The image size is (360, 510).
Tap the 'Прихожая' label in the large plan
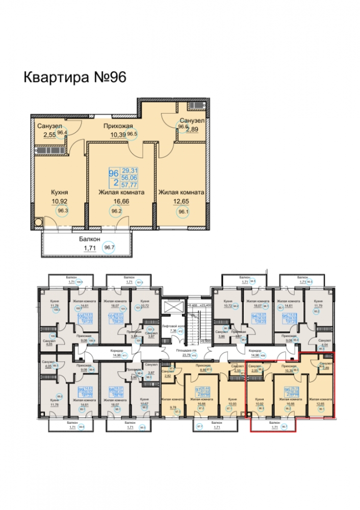click(118, 126)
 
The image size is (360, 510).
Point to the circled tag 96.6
click(183, 127)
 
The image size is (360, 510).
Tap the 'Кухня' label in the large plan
click(60, 192)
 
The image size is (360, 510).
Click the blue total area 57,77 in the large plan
click(135, 186)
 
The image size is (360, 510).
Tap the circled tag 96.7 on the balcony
click(109, 248)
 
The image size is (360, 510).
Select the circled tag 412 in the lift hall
click(180, 331)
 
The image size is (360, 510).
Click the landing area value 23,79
click(169, 355)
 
